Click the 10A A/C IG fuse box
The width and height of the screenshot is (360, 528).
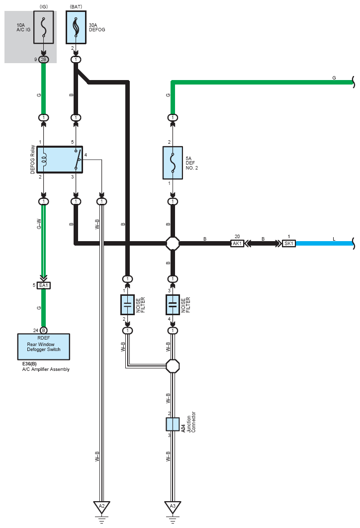coord(43,27)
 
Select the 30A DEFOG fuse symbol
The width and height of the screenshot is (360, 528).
coord(76,27)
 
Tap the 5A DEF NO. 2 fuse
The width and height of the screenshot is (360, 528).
coord(173,163)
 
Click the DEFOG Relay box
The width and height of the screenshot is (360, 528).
coord(60,160)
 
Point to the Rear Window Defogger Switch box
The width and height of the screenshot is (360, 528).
coord(44,347)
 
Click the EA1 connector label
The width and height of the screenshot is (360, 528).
coord(44,285)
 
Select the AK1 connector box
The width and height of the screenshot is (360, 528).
coord(237,244)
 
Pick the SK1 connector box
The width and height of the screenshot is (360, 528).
coord(288,244)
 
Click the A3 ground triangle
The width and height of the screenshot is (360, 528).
coord(173,507)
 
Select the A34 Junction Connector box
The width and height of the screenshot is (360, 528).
coord(173,424)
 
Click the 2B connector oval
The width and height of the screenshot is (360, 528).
coord(43,60)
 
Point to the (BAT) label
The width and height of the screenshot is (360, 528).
coord(76,6)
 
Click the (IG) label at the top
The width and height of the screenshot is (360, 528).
coord(43,6)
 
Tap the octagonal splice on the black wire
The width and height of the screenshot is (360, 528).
coord(173,243)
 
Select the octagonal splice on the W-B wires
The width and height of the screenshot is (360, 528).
coord(173,366)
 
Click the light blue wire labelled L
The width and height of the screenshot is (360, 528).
coord(324,244)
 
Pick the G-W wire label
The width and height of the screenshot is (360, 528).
coord(39,224)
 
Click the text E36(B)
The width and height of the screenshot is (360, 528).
coord(29,364)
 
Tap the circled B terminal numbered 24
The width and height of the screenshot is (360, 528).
coord(43,330)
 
